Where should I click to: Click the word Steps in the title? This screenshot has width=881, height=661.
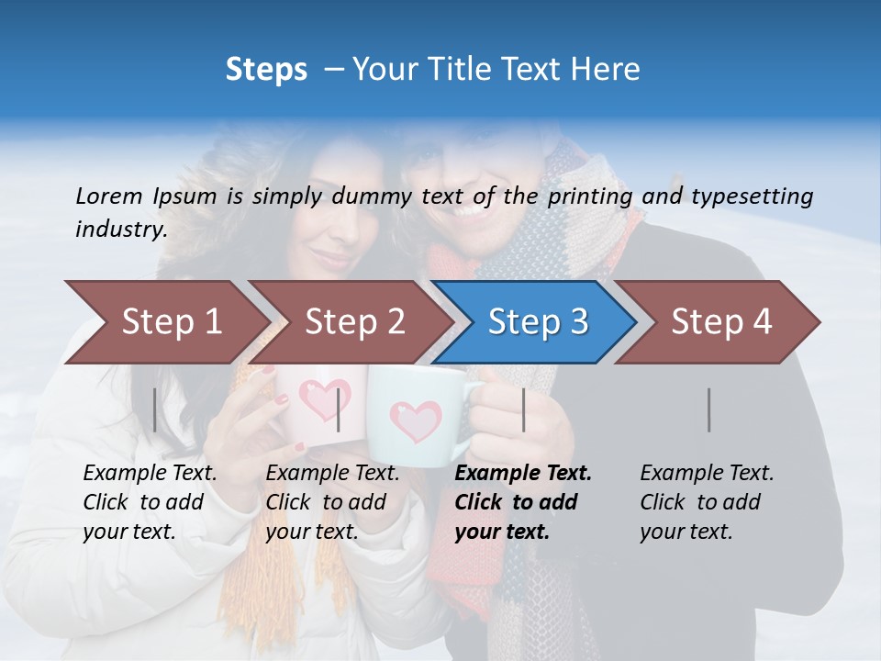click(x=266, y=70)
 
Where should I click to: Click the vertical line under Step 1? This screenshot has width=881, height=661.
click(x=155, y=409)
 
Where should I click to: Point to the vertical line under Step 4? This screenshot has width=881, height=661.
click(x=709, y=409)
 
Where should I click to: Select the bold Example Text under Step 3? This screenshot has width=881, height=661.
click(x=523, y=474)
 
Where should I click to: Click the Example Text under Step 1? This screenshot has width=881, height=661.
click(x=150, y=474)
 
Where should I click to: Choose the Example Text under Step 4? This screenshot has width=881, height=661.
click(x=707, y=474)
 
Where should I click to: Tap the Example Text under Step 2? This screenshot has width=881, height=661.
click(x=332, y=474)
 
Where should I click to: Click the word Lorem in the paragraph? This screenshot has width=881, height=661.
click(x=109, y=196)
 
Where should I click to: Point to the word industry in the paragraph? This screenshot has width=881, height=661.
click(x=120, y=229)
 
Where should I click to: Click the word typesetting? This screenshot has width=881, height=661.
click(x=751, y=196)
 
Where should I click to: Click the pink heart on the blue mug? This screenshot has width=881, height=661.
click(x=415, y=421)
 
